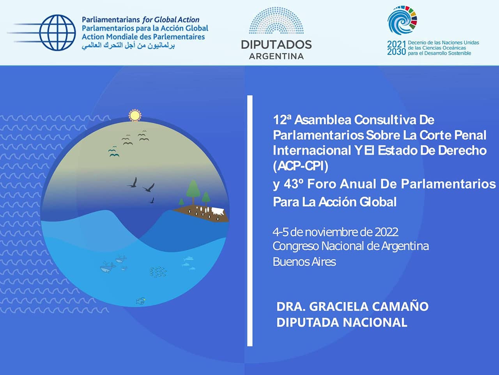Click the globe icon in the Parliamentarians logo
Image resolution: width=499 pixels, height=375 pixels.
point(57,32)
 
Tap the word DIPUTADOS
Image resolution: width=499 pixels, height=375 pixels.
point(276,44)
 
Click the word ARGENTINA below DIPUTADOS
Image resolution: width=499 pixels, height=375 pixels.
point(276,57)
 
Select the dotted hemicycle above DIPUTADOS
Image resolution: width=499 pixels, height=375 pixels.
point(276,20)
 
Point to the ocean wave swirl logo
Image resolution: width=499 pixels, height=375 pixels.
point(402,20)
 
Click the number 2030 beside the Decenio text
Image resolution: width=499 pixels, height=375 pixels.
point(396,52)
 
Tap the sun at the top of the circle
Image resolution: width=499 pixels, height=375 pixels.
point(135,116)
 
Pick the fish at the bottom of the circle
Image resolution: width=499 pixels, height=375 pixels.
point(141,301)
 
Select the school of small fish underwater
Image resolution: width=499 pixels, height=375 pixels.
point(158,272)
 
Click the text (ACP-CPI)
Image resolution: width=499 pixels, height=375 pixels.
point(301,166)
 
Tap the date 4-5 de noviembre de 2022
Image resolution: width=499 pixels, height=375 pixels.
point(336,232)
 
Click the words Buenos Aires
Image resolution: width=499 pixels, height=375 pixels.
point(304,262)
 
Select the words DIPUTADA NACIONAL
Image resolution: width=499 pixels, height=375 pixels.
point(342,322)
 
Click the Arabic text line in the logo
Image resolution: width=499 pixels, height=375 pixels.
point(128,46)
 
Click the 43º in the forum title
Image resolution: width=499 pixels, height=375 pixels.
point(294,184)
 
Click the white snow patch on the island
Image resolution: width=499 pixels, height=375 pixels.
point(218,211)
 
